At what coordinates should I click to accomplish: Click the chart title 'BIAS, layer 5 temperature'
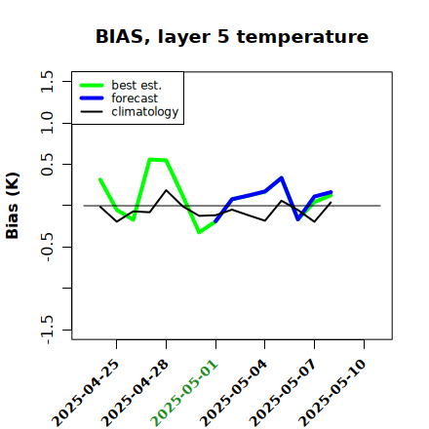[x=232, y=37]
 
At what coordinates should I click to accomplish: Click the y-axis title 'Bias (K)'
[x=13, y=206]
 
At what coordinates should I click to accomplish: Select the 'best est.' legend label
[x=136, y=85]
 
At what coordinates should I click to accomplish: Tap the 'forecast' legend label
[x=135, y=98]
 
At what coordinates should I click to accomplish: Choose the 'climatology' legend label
[x=145, y=112]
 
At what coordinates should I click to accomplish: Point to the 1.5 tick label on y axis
[x=47, y=81]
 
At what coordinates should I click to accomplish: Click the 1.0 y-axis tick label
[x=47, y=123]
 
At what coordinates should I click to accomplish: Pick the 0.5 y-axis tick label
[x=47, y=165]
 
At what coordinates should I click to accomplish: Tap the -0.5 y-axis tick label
[x=47, y=248]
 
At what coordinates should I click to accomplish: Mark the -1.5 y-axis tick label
[x=47, y=330]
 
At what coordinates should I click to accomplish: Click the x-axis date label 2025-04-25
[x=86, y=393]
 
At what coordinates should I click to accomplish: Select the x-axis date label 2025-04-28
[x=136, y=393]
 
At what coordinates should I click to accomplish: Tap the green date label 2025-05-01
[x=184, y=393]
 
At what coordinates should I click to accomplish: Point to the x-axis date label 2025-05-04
[x=234, y=393]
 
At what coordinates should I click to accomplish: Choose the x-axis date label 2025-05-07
[x=283, y=393]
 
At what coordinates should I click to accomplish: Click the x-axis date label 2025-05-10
[x=332, y=393]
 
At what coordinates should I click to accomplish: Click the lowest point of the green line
[x=199, y=232]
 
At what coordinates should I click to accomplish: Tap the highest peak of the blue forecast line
[x=282, y=177]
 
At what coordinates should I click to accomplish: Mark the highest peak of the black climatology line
[x=166, y=190]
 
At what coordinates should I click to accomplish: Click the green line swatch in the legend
[x=92, y=85]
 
